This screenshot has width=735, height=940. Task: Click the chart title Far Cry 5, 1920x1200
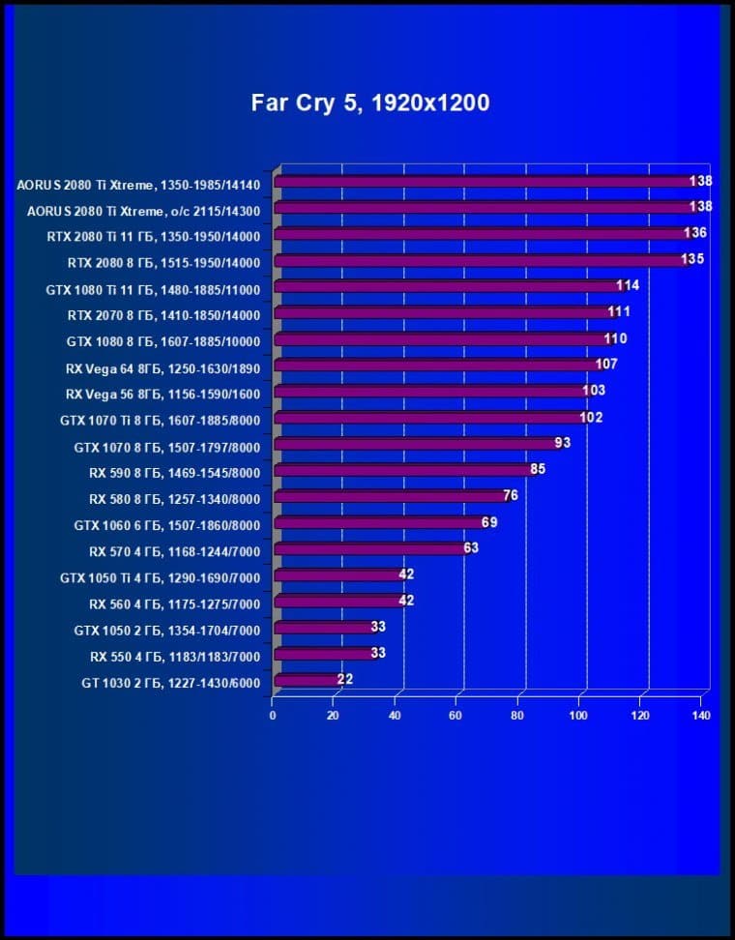point(370,103)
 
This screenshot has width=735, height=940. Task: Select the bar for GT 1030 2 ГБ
point(309,681)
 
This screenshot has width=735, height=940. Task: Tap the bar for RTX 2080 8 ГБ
point(484,260)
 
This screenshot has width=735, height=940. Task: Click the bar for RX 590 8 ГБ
point(406,470)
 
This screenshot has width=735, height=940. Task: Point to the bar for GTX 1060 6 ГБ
point(381,523)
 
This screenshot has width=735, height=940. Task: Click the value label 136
point(694,233)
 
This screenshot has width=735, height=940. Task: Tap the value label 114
point(628,285)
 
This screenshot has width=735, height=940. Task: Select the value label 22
point(344,679)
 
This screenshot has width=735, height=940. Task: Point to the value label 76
point(511,495)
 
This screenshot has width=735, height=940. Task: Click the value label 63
point(471,547)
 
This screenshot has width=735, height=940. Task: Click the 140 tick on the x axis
point(701,716)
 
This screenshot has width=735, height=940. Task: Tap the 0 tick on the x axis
point(273,716)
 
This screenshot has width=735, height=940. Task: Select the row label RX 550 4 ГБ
point(175,655)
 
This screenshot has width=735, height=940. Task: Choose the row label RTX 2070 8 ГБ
point(163,314)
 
